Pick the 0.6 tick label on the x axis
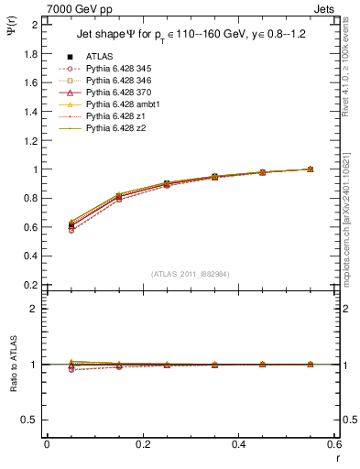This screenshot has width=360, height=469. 337,443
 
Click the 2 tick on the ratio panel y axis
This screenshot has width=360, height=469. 34,309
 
